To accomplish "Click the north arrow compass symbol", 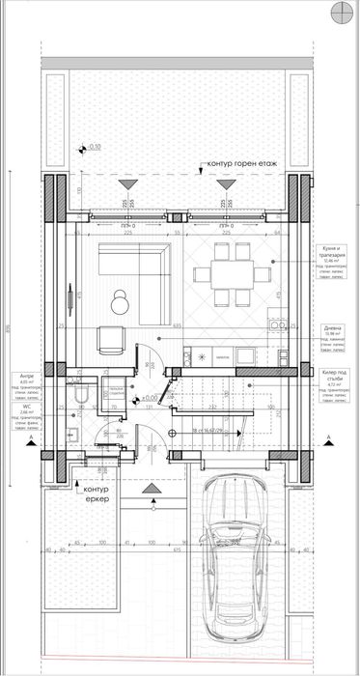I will coord(343,12).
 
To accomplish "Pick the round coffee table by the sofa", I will coord(121,302).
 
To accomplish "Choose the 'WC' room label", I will coord(25,408).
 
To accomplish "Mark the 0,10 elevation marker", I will coord(93,148).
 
